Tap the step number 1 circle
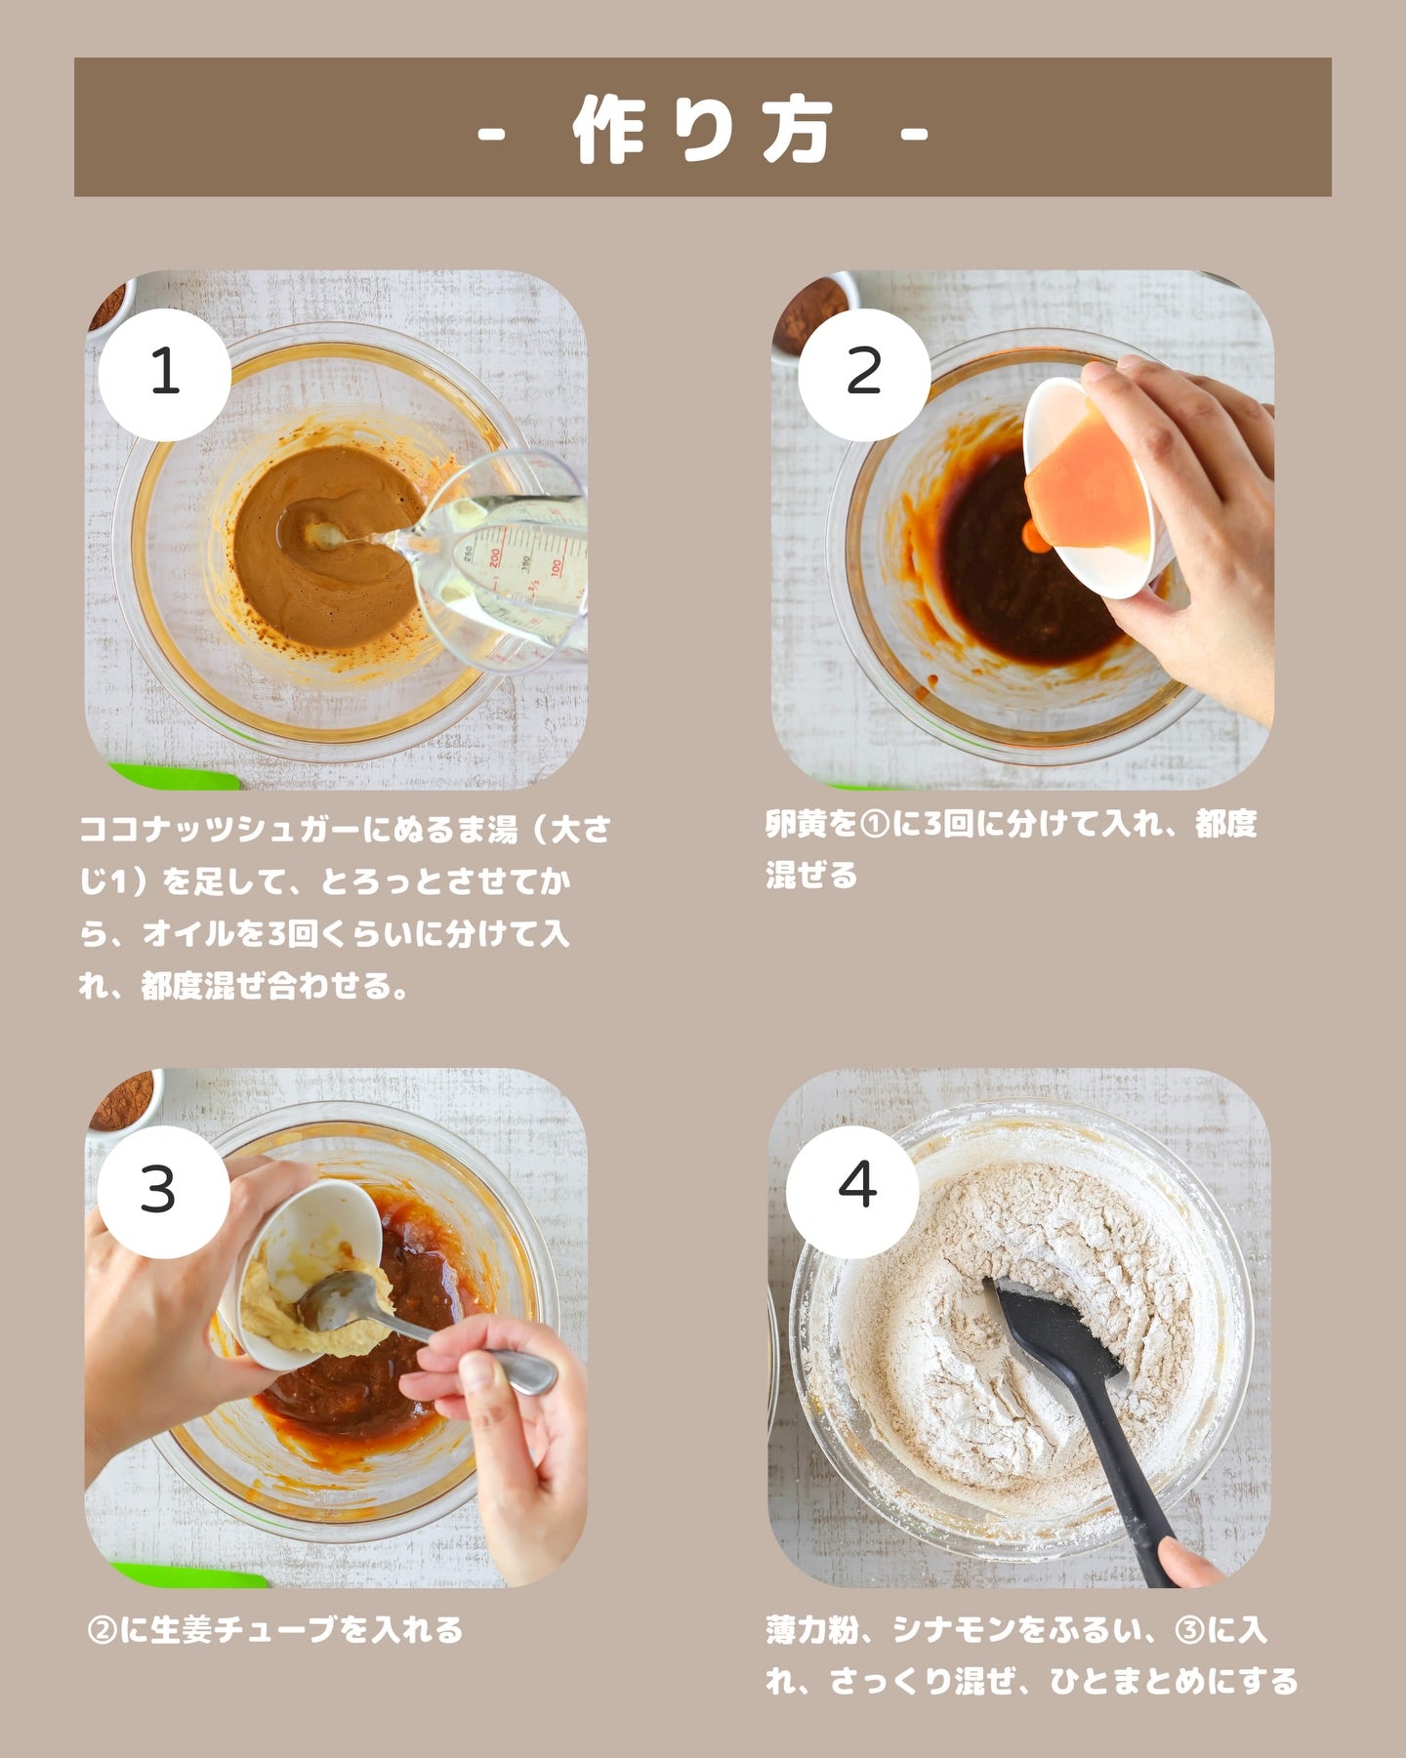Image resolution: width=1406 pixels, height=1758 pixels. pos(165,374)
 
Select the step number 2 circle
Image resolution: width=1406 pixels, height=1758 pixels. pos(864,374)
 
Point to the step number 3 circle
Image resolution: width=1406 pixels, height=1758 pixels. pos(158,1191)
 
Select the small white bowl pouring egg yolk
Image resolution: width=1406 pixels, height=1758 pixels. pos(1089,488)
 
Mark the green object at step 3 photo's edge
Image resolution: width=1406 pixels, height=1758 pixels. pos(190,1575)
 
